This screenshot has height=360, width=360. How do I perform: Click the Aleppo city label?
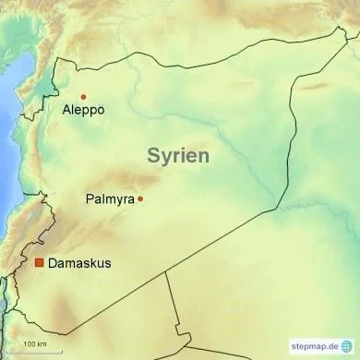pyautogui.click(x=82, y=110)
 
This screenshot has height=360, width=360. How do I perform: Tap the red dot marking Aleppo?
pyautogui.click(x=83, y=96)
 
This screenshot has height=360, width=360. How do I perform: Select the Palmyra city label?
pyautogui.click(x=110, y=198)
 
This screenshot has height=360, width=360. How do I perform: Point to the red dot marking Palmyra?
pyautogui.click(x=140, y=198)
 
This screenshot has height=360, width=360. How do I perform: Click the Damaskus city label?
pyautogui.click(x=79, y=263)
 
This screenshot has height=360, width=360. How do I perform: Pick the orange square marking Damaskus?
pyautogui.click(x=39, y=263)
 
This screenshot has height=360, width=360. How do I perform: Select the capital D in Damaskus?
pyautogui.click(x=52, y=263)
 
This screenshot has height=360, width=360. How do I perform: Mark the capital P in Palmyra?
pyautogui.click(x=89, y=198)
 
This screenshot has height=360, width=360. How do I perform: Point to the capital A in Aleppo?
pyautogui.click(x=66, y=110)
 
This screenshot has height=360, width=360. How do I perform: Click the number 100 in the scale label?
pyautogui.click(x=29, y=344)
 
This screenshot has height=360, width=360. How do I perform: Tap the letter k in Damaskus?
pyautogui.click(x=91, y=263)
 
